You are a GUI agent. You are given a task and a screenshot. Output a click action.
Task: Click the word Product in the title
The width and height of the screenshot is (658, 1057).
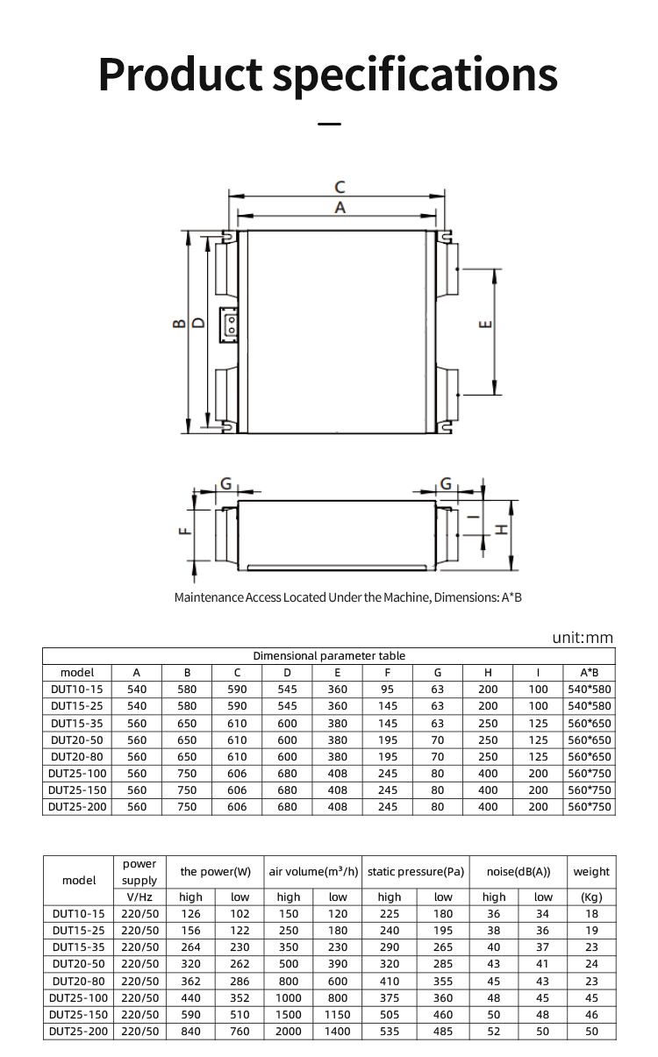coord(180,74)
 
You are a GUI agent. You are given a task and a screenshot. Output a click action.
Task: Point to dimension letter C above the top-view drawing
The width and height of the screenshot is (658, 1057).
coord(340,188)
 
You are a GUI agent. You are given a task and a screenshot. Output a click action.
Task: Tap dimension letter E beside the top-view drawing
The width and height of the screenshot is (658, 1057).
coord(486,325)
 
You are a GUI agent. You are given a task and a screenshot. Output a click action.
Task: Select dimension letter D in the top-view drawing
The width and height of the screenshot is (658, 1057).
coord(200,323)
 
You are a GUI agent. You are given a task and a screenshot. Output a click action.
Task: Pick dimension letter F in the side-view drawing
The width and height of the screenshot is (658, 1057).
coord(185,531)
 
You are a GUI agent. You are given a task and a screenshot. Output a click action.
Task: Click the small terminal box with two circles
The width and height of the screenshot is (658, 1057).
coord(228,325)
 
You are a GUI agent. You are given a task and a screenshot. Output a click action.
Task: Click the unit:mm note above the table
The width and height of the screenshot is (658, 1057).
coord(583,638)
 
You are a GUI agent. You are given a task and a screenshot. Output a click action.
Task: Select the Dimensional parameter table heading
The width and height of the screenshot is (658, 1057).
coord(329,656)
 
